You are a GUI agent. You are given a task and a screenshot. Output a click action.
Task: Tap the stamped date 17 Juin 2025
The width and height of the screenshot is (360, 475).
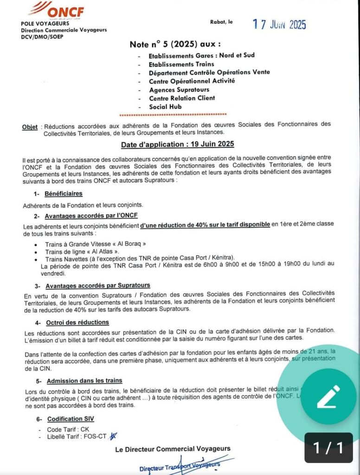pos(279,25)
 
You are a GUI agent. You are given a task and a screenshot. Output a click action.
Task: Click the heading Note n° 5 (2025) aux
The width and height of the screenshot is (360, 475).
pos(175,45)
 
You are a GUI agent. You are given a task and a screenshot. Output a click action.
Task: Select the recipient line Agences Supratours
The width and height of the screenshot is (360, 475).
pos(179,90)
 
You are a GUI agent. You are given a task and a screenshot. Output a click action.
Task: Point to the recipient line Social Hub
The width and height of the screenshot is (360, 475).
pos(165,106)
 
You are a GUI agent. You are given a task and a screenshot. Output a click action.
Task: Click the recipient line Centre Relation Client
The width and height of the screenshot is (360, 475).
pos(182,98)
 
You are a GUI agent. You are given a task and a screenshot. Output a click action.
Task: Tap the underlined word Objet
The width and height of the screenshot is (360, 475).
pos(30,127)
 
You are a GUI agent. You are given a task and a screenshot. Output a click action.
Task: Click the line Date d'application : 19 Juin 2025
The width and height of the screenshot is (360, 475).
pos(178,144)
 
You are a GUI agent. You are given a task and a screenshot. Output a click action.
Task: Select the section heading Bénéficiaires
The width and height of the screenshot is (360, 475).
pos(64,193)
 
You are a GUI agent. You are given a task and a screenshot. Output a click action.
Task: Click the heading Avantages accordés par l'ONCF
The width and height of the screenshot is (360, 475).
pos(91,215)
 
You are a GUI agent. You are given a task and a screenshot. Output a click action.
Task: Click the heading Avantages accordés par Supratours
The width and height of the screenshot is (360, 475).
pos(97,285)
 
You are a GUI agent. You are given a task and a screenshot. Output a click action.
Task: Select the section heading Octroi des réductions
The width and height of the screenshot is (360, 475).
pos(77,322)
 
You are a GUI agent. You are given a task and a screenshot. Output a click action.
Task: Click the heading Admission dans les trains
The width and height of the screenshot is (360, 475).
pos(84,380)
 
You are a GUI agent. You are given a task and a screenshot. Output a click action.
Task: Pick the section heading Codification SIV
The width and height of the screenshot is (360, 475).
pos(70,418)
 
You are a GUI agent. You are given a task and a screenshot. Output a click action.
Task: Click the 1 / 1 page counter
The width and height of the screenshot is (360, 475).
pos(328,448)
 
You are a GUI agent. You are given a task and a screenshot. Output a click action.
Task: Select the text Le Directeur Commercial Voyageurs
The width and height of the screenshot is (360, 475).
pos(173,449)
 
